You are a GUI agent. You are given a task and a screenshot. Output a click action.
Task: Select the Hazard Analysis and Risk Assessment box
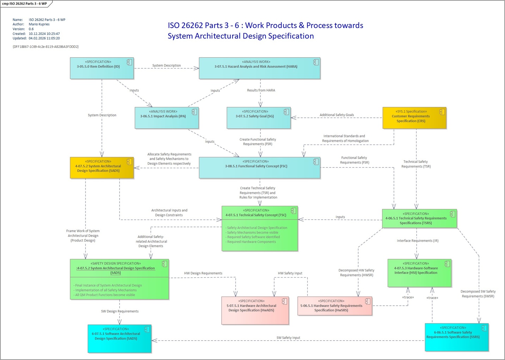pyautogui.click(x=259, y=68)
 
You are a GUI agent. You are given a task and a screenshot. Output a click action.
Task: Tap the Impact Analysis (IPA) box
pyautogui.click(x=167, y=118)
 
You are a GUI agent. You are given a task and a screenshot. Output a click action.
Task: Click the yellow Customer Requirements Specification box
pyautogui.click(x=414, y=118)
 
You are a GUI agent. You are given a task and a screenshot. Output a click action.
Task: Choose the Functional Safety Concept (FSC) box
pyautogui.click(x=259, y=168)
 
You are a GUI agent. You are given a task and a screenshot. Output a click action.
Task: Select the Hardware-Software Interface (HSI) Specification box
pyautogui.click(x=419, y=273)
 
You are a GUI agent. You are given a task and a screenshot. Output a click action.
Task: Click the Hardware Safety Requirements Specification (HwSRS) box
pyautogui.click(x=334, y=306)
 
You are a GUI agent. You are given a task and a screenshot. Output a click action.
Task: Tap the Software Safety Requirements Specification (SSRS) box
pyautogui.click(x=456, y=337)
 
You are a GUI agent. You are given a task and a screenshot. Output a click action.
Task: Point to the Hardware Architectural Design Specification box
pyautogui.click(x=255, y=311)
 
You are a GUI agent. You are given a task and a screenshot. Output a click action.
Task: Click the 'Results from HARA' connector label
pyautogui.click(x=261, y=91)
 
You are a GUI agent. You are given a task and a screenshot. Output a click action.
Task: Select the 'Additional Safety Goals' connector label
pyautogui.click(x=337, y=115)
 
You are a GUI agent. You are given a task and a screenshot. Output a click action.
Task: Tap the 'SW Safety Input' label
pyautogui.click(x=288, y=338)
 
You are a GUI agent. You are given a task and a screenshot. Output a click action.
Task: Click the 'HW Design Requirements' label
pyautogui.click(x=203, y=273)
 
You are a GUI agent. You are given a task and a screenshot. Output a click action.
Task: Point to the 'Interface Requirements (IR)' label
pyautogui.click(x=417, y=241)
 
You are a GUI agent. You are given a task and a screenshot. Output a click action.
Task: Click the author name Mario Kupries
pyautogui.click(x=39, y=24)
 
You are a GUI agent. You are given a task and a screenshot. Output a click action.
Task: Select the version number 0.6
pyautogui.click(x=31, y=29)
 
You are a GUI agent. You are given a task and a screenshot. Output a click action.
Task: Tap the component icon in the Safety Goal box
pyautogui.click(x=286, y=112)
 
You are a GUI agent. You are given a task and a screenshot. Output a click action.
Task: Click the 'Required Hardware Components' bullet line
pyautogui.click(x=251, y=242)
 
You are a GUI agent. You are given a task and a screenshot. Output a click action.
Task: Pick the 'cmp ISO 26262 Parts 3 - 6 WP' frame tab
pyautogui.click(x=25, y=4)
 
